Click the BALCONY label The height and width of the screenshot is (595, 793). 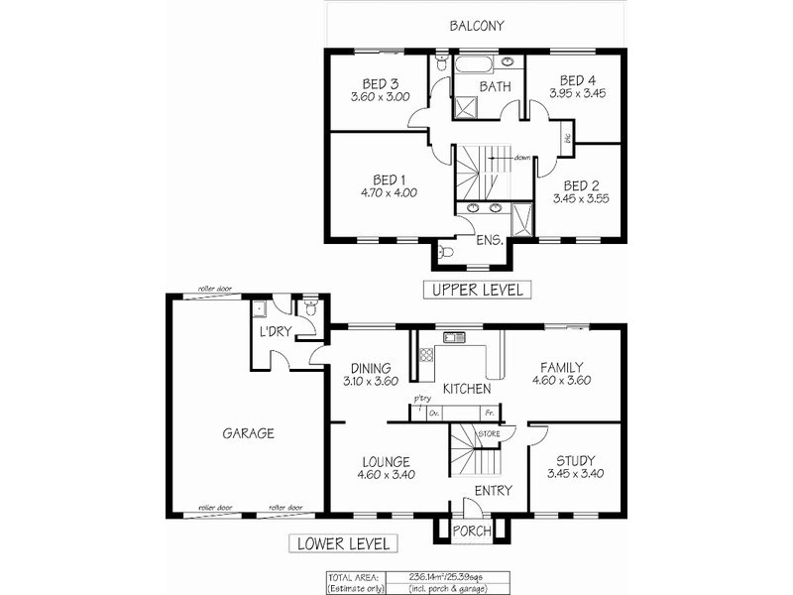(478, 25)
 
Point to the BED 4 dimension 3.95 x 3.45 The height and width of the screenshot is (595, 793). (577, 94)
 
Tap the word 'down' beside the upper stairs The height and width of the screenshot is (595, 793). (522, 158)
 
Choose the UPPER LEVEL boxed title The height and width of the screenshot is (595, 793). (477, 290)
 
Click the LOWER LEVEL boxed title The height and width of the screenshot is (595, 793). (343, 543)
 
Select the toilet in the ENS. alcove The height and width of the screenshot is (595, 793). (447, 254)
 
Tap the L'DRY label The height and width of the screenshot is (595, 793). (275, 332)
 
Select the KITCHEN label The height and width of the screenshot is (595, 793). (467, 388)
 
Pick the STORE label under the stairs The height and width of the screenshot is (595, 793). (489, 434)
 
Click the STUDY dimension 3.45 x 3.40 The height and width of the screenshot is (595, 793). (576, 474)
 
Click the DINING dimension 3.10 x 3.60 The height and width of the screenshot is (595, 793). (370, 380)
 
